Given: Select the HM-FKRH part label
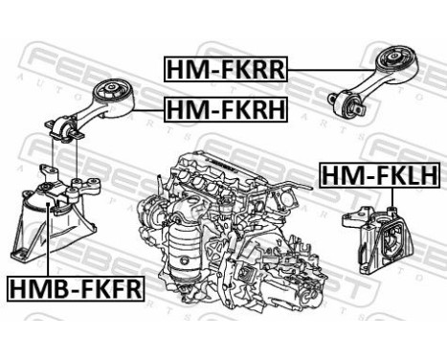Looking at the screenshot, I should click(x=226, y=112).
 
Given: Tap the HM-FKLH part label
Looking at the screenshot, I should click(x=377, y=176).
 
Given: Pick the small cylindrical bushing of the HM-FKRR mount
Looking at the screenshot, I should click(x=345, y=102).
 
